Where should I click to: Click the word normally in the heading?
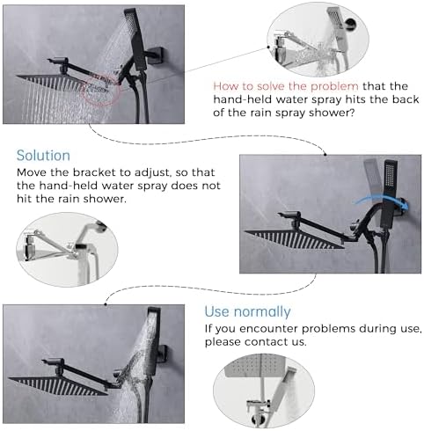coord(263,312)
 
